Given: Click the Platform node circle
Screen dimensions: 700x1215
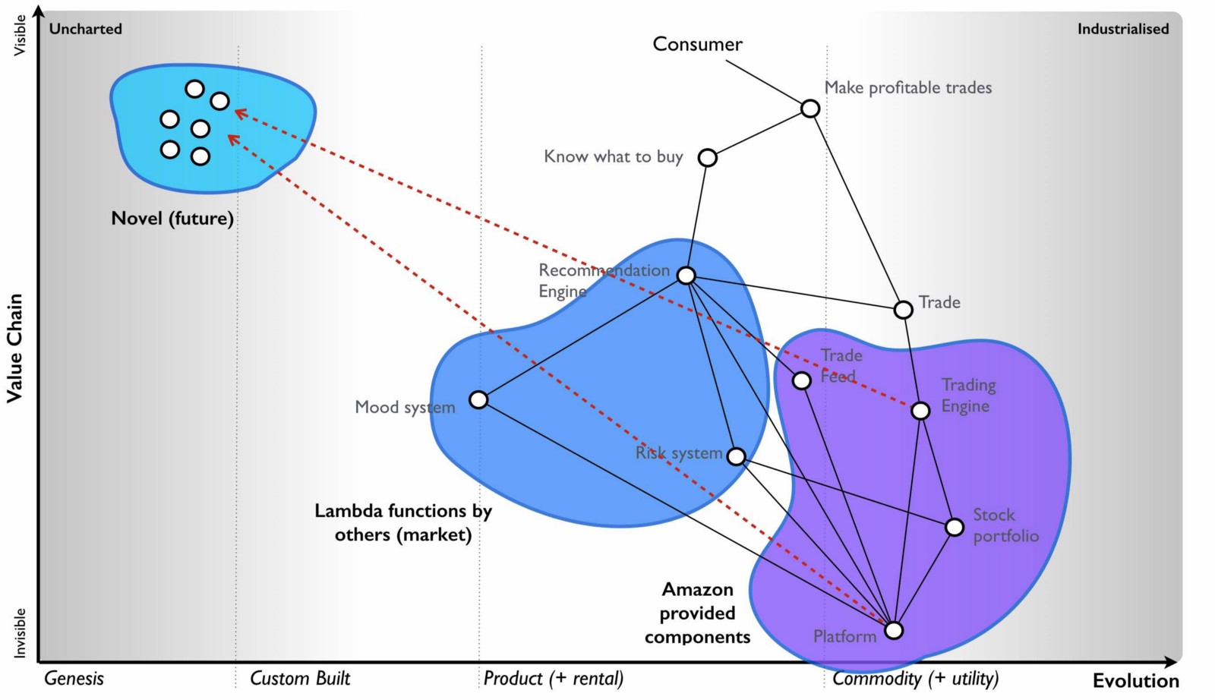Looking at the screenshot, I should coord(895,630).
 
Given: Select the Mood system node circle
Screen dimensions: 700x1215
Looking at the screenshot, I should coord(478,399).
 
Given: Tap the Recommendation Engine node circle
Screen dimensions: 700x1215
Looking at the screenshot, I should coord(686,276).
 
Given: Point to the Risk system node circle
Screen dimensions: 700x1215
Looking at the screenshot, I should coord(736,456).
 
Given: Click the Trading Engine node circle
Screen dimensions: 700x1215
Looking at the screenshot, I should coord(920,411).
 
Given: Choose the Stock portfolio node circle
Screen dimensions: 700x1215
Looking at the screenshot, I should coord(955,527).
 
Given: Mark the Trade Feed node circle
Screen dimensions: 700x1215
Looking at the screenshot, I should coord(802,380).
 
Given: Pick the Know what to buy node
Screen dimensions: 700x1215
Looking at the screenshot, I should coord(707,158).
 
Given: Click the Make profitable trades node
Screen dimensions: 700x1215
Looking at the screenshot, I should coord(810,109).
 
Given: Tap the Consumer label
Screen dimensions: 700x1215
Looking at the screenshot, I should coord(697,44).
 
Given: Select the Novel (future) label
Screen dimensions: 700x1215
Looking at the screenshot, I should coord(172,219).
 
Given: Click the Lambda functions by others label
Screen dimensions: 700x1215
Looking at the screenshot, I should coord(403,522).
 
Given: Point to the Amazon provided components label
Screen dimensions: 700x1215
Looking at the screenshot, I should coord(697,613).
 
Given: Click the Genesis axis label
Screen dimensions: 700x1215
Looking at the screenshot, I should coord(74,678).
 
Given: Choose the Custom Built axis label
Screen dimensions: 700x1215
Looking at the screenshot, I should coord(300,678).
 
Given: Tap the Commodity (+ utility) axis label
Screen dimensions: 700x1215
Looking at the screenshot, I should coord(915,678).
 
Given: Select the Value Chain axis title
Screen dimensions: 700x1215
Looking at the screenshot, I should coord(14,348).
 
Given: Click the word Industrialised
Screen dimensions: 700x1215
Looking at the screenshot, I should coord(1122,29).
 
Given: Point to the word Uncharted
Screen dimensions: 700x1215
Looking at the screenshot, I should coord(85,29).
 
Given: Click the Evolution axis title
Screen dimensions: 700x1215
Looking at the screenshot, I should coord(1135,680).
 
